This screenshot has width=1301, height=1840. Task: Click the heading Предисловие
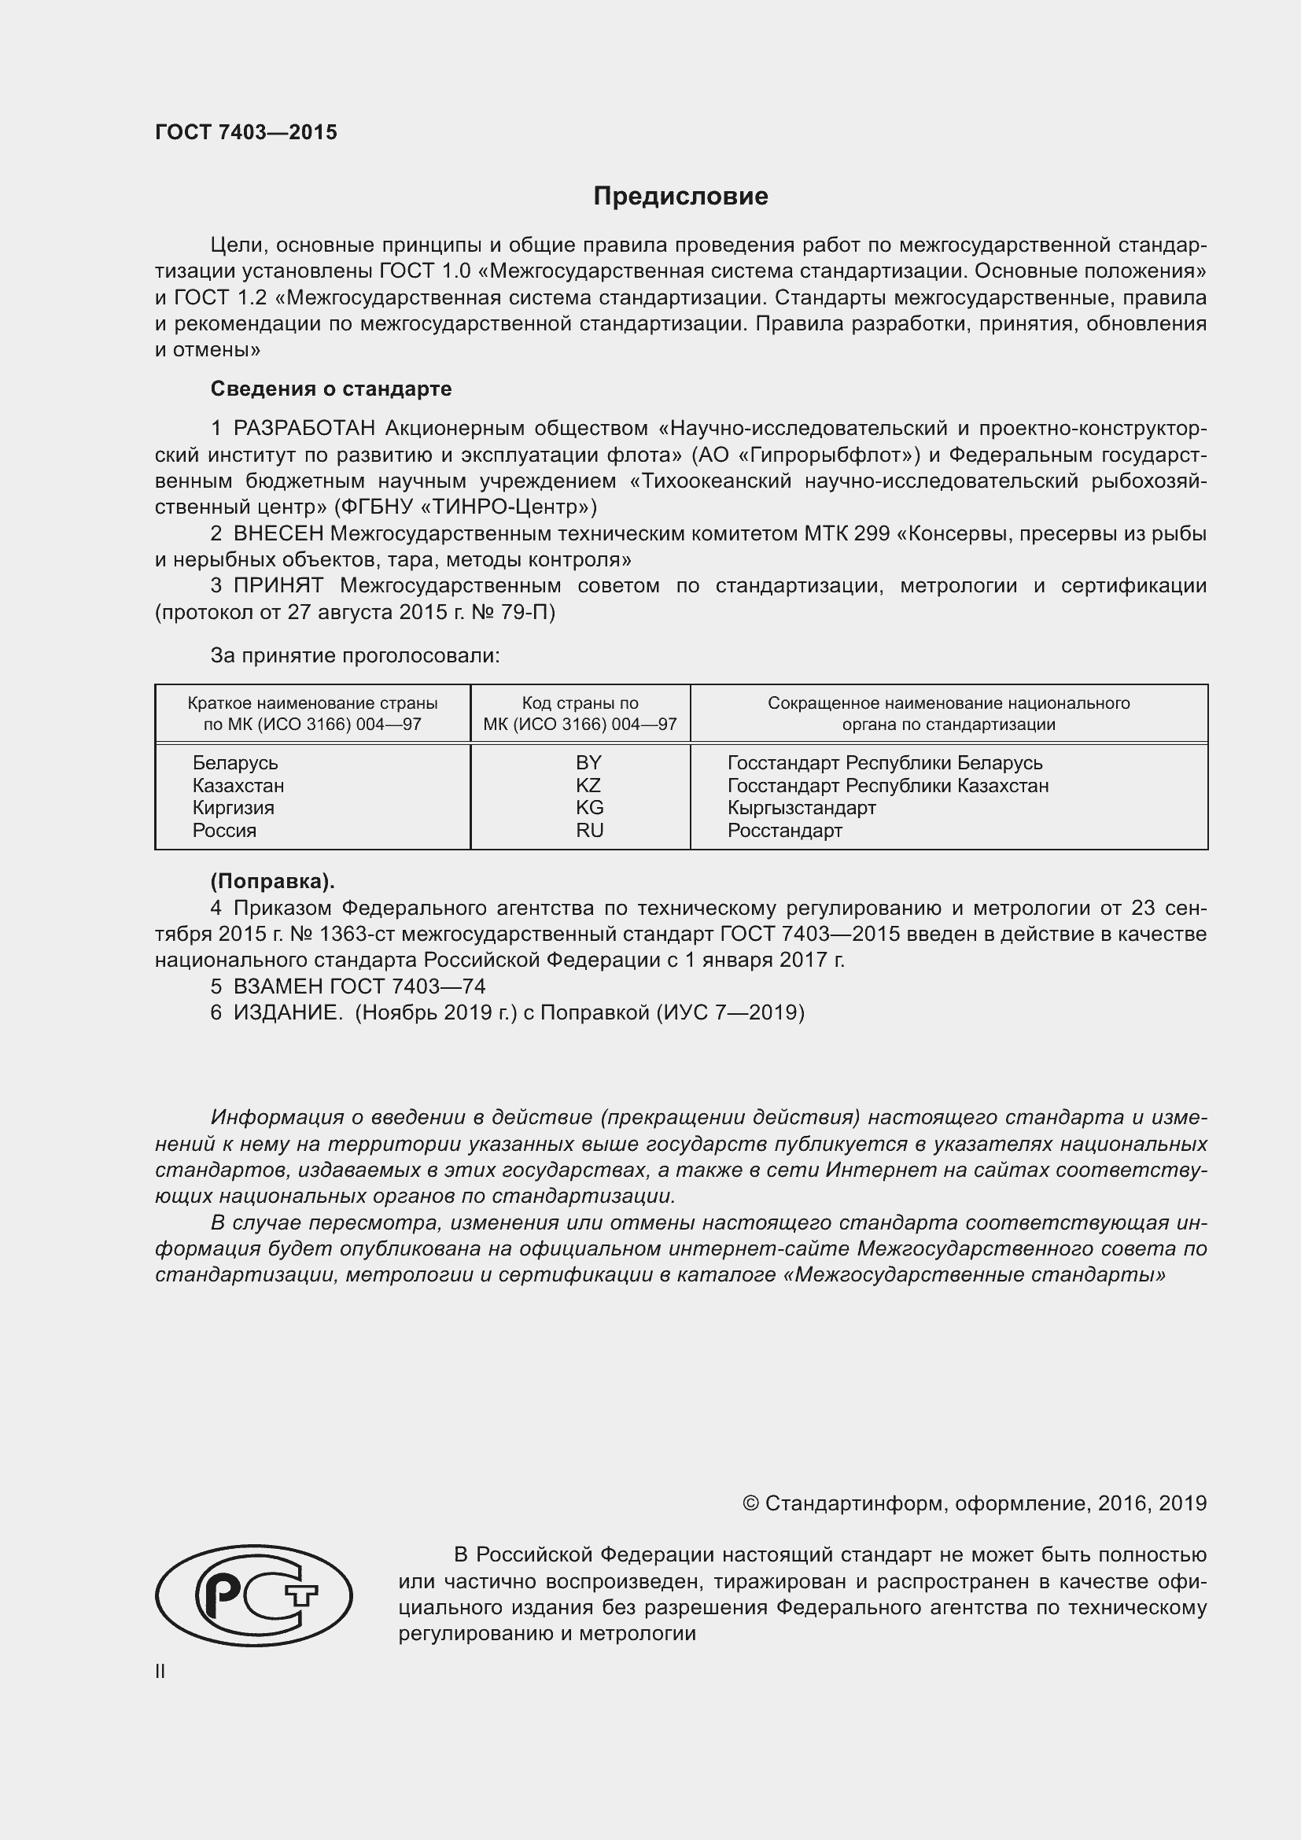pyautogui.click(x=680, y=197)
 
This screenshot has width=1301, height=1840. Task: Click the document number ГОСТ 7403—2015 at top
pyautogui.click(x=246, y=132)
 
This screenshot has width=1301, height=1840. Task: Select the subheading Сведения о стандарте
pyautogui.click(x=331, y=389)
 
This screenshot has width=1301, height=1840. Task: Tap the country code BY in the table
pyautogui.click(x=588, y=762)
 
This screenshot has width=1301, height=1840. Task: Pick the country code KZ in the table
pyautogui.click(x=588, y=784)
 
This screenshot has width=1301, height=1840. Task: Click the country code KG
pyautogui.click(x=589, y=807)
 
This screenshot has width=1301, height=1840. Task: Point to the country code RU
pyautogui.click(x=589, y=830)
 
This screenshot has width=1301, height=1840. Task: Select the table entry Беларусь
pyautogui.click(x=234, y=762)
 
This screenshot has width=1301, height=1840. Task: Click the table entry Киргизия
pyautogui.click(x=233, y=807)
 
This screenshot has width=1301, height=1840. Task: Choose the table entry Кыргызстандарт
pyautogui.click(x=801, y=807)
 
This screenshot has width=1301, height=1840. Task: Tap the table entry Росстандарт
pyautogui.click(x=784, y=830)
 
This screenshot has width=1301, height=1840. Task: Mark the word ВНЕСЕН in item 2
pyautogui.click(x=278, y=533)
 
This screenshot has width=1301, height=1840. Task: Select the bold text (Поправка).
pyautogui.click(x=272, y=882)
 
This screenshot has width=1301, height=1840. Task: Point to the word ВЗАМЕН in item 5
pyautogui.click(x=277, y=986)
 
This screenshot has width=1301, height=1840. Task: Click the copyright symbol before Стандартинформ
pyautogui.click(x=750, y=1503)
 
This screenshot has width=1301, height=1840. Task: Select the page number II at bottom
pyautogui.click(x=160, y=1671)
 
